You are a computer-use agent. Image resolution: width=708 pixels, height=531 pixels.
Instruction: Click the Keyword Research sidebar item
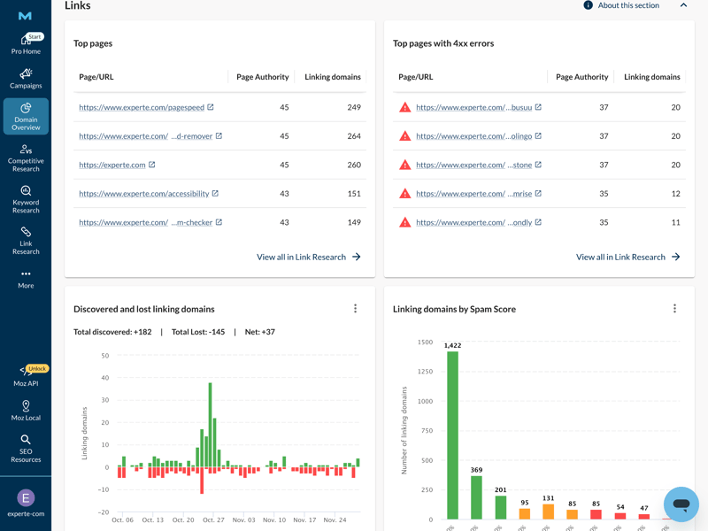[x=26, y=200]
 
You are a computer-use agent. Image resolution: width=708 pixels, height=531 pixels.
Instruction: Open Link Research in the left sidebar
[x=26, y=240]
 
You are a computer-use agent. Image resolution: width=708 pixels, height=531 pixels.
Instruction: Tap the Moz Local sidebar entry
[x=26, y=410]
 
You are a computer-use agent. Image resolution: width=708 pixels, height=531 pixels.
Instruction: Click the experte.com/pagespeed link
[x=142, y=107]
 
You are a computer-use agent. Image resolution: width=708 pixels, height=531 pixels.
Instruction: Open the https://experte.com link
[x=112, y=165]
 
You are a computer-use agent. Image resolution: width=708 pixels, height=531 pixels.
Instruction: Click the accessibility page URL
[x=143, y=194]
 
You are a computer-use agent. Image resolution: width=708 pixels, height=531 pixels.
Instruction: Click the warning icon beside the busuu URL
[x=404, y=107]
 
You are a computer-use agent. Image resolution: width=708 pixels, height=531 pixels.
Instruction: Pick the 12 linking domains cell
[x=675, y=194]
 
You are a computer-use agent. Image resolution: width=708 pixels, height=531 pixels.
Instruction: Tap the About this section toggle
[x=634, y=5]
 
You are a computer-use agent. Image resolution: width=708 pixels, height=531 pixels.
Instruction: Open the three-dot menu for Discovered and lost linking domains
[x=356, y=309]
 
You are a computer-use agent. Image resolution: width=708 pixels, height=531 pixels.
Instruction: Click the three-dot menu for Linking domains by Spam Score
[x=674, y=309]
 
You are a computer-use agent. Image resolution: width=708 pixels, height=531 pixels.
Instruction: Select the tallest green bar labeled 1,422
[x=453, y=434]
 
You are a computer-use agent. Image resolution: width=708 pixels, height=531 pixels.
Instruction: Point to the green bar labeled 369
[x=477, y=497]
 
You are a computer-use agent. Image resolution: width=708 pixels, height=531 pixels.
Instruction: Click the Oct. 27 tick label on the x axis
[x=213, y=520]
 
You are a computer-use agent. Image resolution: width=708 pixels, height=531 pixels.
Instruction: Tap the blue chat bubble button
[x=681, y=504]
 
